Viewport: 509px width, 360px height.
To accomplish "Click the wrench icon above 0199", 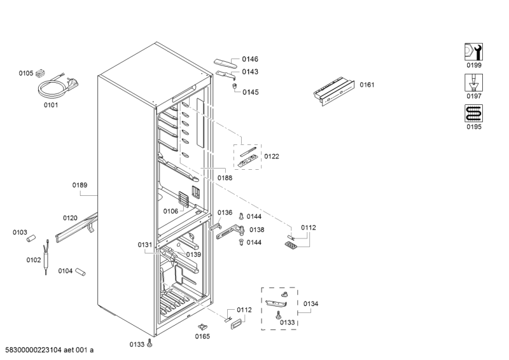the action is coord(473,52).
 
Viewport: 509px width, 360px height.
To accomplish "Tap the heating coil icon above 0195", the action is coord(473,113).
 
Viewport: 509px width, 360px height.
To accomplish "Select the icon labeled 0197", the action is coord(473,83).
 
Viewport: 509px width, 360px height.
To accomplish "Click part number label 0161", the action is coord(367,85).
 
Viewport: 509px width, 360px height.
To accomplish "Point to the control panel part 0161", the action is coord(333,91).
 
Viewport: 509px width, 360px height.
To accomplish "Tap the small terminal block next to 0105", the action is coord(40,74).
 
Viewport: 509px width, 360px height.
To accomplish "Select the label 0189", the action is coord(80,185).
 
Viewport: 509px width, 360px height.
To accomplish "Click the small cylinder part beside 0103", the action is coord(31,239).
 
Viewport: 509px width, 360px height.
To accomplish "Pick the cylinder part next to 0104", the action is coord(80,272).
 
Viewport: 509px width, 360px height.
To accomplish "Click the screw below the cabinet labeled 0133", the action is coord(150,343).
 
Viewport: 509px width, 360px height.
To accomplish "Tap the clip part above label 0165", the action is coord(203,326).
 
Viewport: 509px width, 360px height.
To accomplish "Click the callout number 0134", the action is coord(310,304).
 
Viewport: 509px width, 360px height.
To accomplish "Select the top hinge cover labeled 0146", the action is coord(227,64).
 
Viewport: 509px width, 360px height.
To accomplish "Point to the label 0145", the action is coord(251,92).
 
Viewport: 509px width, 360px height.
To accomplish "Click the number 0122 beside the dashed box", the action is coord(272,156).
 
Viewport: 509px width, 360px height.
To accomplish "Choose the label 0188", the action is coord(225,177).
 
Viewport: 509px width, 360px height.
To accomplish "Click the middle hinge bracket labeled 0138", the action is coord(230,232).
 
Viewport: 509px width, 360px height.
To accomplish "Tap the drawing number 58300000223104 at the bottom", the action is coord(33,350).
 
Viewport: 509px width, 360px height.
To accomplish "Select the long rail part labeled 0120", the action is coord(76,228).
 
